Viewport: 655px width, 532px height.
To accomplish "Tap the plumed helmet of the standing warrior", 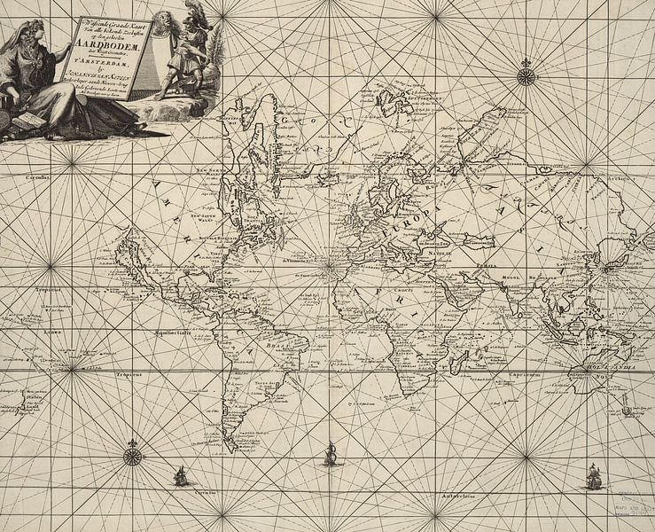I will coord(193,13).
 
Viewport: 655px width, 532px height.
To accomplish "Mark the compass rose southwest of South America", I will coord(133,456).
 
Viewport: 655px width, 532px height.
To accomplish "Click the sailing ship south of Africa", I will coord(331,453).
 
